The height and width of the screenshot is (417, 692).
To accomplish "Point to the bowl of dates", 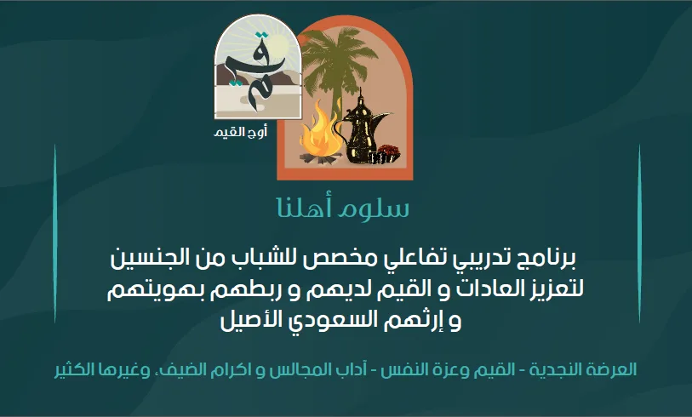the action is [388, 152].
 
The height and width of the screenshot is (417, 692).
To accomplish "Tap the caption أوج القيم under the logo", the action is [241, 132].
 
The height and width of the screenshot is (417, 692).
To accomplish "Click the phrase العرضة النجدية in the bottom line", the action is [583, 369].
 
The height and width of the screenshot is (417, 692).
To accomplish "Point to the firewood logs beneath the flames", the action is [320, 157].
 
